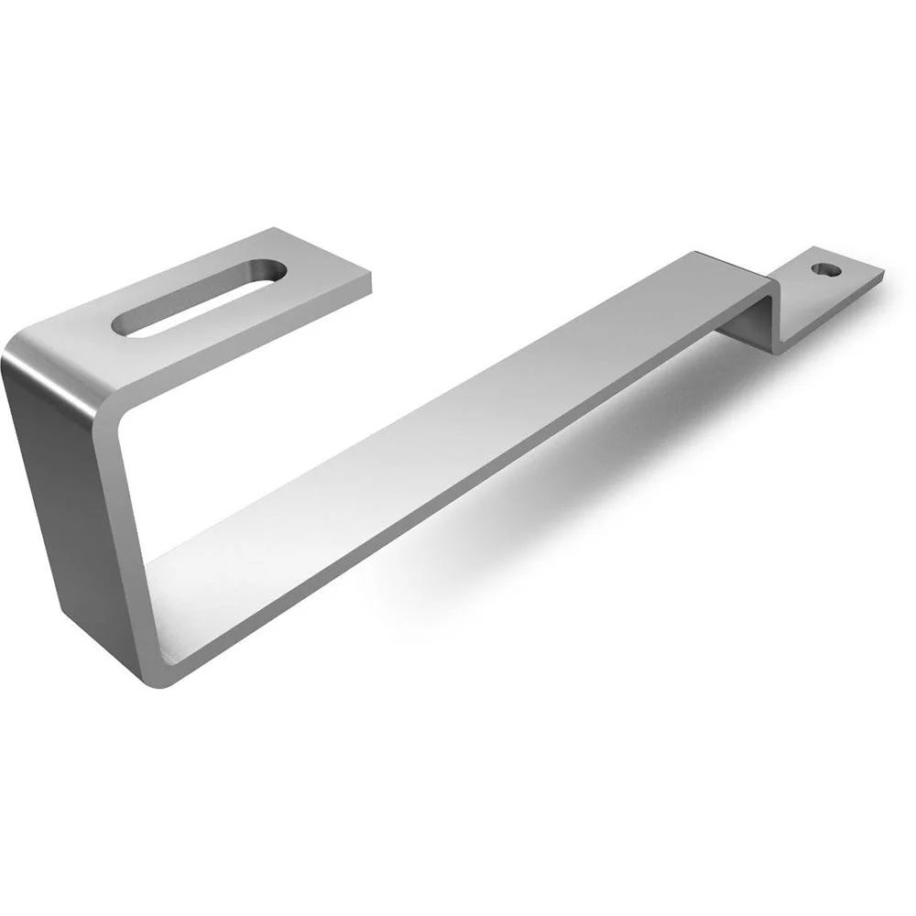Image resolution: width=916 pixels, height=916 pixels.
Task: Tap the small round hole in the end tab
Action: (827, 270)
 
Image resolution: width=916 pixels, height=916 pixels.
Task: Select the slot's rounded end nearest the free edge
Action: (270, 271)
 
